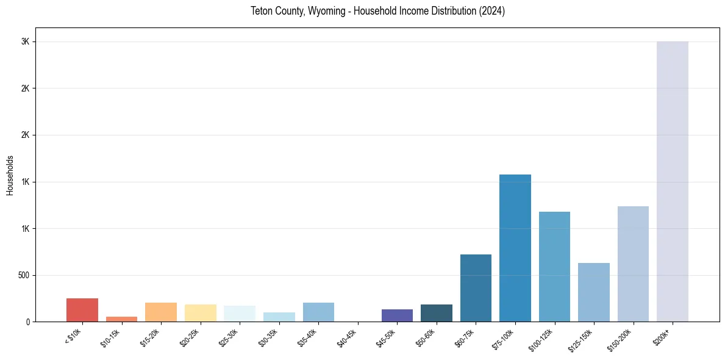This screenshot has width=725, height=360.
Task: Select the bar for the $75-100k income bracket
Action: (x=515, y=248)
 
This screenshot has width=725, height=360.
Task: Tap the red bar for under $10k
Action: (x=82, y=310)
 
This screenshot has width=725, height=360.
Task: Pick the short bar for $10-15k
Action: (x=121, y=319)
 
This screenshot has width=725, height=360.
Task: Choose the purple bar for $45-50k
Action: (x=397, y=315)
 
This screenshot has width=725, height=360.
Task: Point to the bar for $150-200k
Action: (x=633, y=264)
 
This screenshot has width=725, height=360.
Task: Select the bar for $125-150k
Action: (x=593, y=292)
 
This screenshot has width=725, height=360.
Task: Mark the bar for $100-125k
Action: (x=554, y=267)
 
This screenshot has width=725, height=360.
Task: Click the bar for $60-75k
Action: (x=476, y=288)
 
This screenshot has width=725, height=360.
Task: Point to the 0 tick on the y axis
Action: (x=28, y=322)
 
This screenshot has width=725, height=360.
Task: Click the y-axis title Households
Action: (x=10, y=175)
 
